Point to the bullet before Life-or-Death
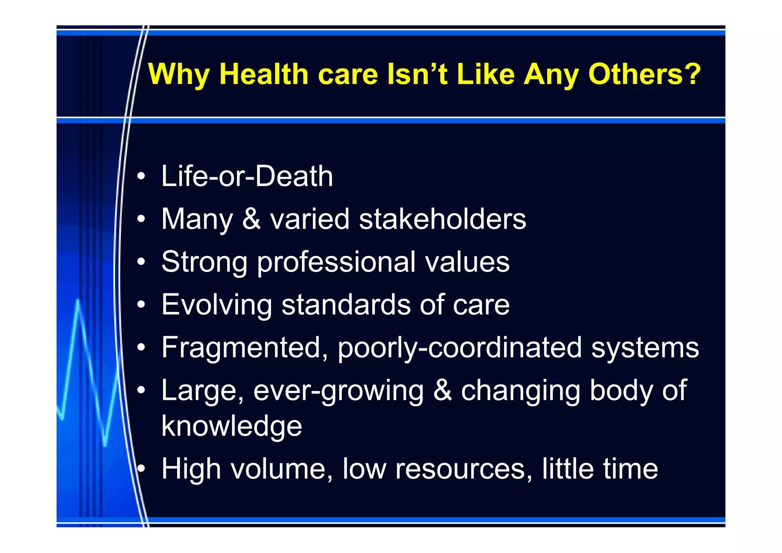coord(141,176)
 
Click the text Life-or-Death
coord(247,176)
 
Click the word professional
coord(336,262)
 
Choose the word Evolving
coord(217,305)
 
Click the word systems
coord(645,348)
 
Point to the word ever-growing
coord(338,391)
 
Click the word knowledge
coord(232,426)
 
